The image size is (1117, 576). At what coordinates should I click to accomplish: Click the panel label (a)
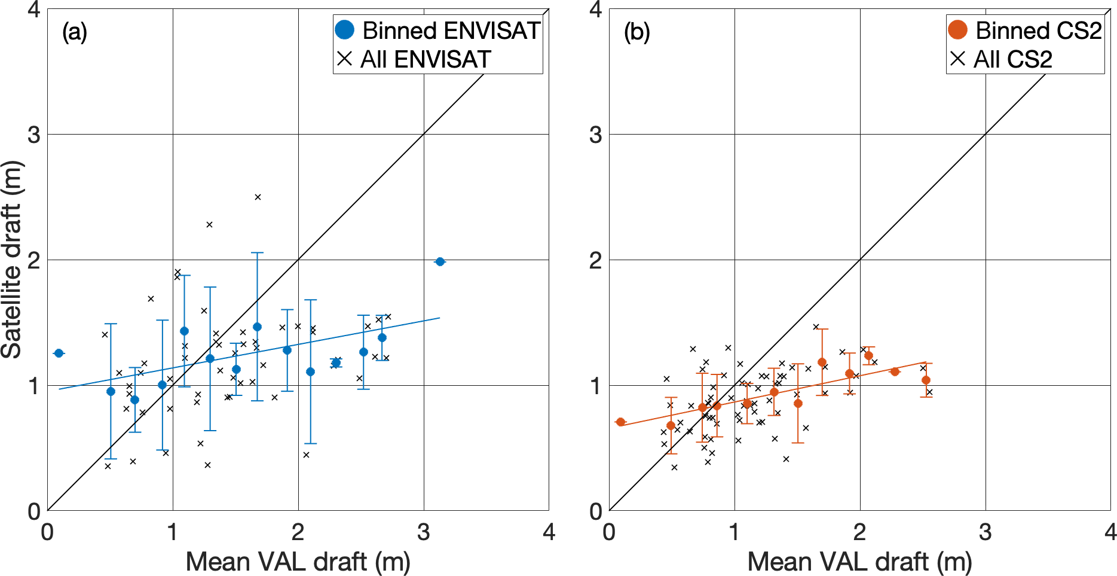(75, 32)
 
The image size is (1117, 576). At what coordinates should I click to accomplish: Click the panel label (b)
(636, 32)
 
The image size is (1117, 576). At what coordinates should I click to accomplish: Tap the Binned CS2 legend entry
(1025, 31)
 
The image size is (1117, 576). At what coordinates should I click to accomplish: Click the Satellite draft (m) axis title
(12, 260)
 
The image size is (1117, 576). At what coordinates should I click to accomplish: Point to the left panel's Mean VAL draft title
(298, 562)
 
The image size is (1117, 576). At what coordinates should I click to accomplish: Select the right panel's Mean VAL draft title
(859, 562)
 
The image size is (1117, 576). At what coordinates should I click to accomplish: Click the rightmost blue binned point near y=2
(440, 261)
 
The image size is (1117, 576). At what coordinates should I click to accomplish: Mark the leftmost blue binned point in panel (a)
(59, 353)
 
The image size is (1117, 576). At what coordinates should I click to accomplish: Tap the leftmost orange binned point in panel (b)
(620, 422)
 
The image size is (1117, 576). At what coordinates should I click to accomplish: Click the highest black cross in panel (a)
(258, 197)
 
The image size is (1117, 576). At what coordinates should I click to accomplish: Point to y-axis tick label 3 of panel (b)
(595, 135)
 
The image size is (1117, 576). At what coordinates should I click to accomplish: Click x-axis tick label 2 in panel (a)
(298, 531)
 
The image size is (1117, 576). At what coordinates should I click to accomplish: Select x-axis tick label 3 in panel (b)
(985, 531)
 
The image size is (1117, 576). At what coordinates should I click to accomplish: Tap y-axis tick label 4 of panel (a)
(34, 10)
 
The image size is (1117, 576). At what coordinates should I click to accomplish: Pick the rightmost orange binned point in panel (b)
(926, 380)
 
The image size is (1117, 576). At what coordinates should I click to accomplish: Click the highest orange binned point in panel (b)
(868, 355)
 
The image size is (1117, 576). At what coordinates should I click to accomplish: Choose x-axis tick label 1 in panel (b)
(734, 531)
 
